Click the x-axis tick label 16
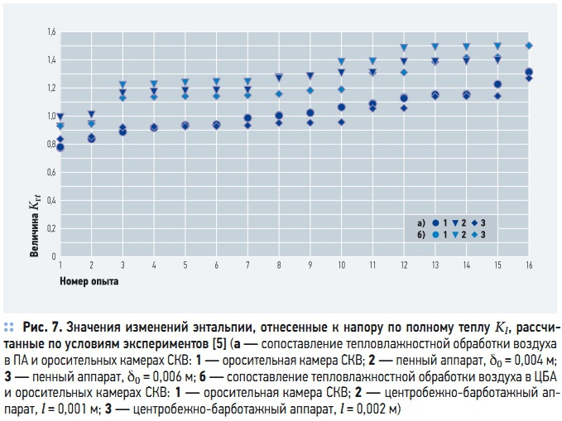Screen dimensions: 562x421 point(529,265)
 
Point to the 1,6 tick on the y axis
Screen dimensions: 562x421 point(51,32)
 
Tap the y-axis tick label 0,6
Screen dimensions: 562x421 point(51,172)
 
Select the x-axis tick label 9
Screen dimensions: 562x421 point(310,265)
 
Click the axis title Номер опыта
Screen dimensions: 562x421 point(89,281)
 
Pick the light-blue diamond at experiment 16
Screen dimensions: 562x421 point(529,45)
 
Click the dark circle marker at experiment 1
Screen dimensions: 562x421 point(60,147)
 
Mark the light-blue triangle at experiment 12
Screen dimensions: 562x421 point(404,47)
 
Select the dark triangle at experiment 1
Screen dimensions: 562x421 point(60,117)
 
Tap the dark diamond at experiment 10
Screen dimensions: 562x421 point(341,122)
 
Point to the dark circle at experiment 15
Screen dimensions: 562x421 point(497,84)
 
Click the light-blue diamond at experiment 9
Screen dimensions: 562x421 point(310,91)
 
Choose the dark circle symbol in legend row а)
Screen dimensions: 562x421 point(435,222)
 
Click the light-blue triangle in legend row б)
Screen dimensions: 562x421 point(455,235)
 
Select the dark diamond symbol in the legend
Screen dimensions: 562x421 point(474,222)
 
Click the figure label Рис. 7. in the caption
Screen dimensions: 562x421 point(43,328)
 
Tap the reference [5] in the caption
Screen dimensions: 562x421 point(219,344)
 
